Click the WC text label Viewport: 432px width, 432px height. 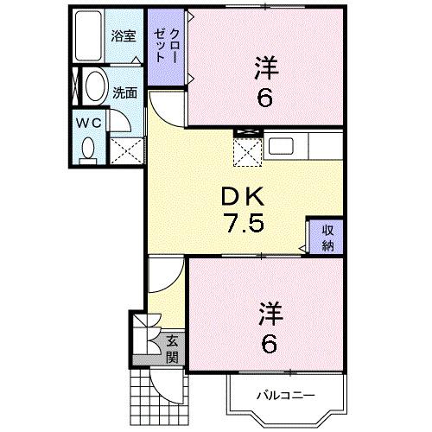coord(92,123)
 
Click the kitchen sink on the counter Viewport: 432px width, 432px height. coord(283,146)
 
